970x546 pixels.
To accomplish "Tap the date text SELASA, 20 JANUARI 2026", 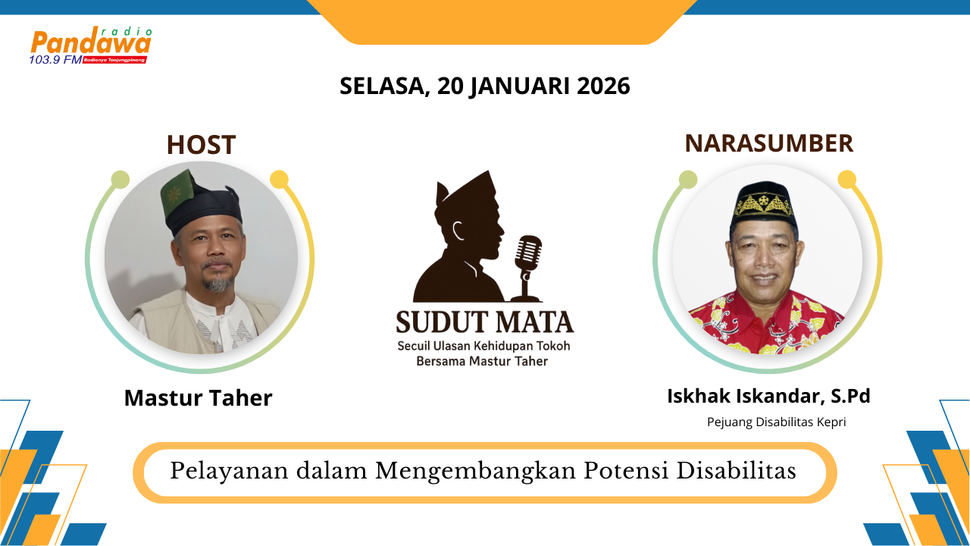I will [x=485, y=86].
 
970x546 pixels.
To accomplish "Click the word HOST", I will [x=201, y=145].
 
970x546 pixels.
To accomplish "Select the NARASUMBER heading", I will [x=769, y=143].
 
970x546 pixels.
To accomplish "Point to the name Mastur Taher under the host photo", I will [x=198, y=397].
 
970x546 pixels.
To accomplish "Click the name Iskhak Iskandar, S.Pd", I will [x=768, y=396].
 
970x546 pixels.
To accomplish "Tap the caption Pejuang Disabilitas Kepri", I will [x=776, y=422].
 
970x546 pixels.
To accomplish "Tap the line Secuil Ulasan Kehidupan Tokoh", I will [x=484, y=346].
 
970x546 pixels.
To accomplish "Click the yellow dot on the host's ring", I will [x=279, y=180].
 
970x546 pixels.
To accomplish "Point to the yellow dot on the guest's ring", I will [x=847, y=180].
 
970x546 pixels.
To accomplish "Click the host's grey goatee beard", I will [x=218, y=284].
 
